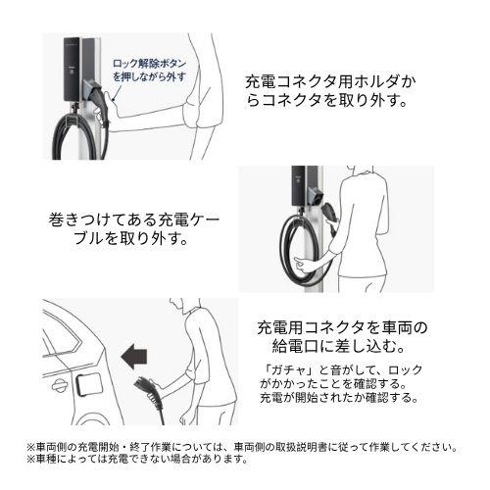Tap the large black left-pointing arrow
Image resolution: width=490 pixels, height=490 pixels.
(x=134, y=357)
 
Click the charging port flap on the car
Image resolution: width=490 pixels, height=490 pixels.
(x=89, y=385)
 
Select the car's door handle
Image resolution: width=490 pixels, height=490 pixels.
(x=60, y=386)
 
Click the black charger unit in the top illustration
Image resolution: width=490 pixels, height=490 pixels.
(x=72, y=69)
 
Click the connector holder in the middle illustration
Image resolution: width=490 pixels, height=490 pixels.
(x=316, y=195)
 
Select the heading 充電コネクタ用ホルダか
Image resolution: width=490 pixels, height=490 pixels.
(x=330, y=82)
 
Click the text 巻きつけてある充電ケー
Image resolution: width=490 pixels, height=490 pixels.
(x=134, y=220)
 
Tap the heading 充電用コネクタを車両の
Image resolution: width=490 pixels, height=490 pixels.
(x=342, y=327)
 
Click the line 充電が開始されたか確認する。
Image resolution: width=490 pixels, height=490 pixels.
(x=339, y=398)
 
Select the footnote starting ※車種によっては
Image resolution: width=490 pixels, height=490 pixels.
(x=138, y=459)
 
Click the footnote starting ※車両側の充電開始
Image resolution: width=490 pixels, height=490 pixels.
(x=242, y=447)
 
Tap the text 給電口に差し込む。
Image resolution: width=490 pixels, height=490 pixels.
(x=339, y=346)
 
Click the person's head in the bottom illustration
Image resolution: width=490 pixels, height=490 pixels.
(x=178, y=305)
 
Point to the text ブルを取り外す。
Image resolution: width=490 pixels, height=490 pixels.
(x=131, y=239)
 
